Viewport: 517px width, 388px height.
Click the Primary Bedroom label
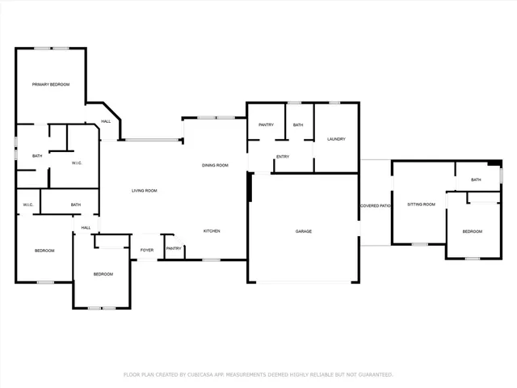coord(50,85)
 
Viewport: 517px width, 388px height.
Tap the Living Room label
coord(145,191)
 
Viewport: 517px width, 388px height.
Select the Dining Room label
coord(215,165)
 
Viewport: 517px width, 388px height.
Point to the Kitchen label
coord(212,231)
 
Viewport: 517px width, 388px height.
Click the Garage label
coord(303,231)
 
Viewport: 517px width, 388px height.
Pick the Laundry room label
coord(336,139)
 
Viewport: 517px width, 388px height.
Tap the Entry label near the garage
coord(283,157)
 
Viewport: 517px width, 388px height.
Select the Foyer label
coord(147,251)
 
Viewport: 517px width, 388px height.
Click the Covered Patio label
coord(375,206)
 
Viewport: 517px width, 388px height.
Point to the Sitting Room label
coord(421,205)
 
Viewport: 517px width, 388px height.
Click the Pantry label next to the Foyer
coord(174,249)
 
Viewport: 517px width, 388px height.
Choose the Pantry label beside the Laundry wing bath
coord(266,125)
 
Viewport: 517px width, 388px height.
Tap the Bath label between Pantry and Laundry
coord(298,125)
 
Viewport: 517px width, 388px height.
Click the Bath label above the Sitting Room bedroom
coord(476,179)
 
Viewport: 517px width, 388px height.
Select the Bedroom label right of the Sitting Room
coord(472,232)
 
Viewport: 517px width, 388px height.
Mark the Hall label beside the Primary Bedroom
coord(106,122)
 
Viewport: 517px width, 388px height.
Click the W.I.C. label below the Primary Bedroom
coord(78,163)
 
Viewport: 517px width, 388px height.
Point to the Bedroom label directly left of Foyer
coord(103,274)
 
